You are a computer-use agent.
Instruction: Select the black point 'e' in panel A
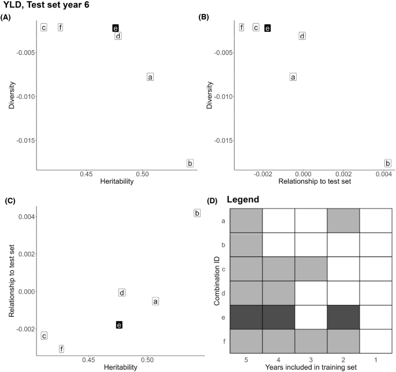click(x=116, y=28)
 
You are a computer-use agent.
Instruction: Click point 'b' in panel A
click(x=190, y=163)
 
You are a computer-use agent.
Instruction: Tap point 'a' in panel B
click(x=293, y=77)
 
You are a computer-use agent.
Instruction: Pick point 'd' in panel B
click(x=302, y=36)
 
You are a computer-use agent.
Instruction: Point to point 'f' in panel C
click(x=61, y=349)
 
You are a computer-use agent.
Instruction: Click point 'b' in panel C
click(x=197, y=213)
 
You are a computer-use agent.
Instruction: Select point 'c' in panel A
click(x=43, y=28)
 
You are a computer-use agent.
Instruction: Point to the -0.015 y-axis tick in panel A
click(x=23, y=140)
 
